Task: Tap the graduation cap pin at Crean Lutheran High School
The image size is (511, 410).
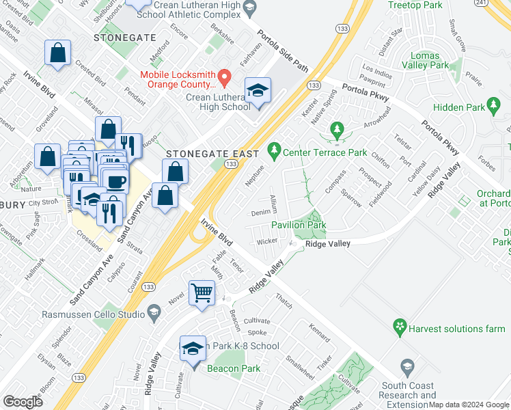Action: [258, 92]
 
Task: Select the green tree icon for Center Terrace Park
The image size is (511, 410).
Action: [274, 148]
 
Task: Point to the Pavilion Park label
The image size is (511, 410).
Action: [299, 224]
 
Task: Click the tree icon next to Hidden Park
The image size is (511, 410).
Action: [495, 105]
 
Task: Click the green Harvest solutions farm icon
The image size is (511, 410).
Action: [399, 328]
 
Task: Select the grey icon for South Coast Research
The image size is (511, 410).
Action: [408, 367]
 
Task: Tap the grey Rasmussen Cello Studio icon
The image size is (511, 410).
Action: [154, 314]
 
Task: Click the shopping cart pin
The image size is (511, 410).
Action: [202, 293]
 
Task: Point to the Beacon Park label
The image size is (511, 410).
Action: [234, 368]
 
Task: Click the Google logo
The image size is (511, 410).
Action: [23, 402]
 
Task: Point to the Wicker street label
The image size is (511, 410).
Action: [266, 242]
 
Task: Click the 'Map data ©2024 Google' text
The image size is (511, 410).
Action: [469, 405]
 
